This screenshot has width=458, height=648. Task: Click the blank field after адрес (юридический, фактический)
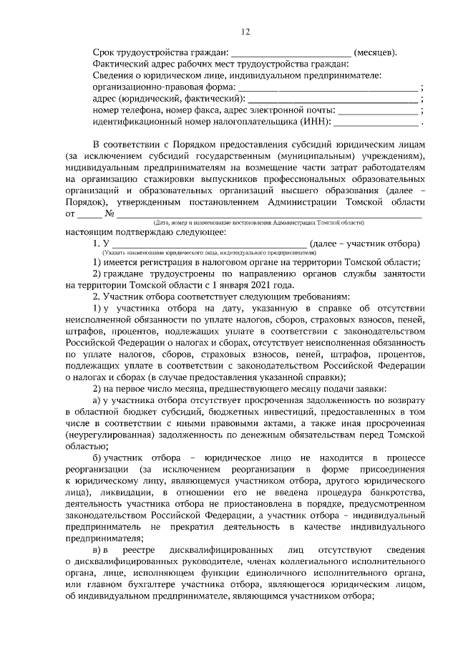click(333, 99)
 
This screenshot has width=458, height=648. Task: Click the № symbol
click(110, 213)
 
